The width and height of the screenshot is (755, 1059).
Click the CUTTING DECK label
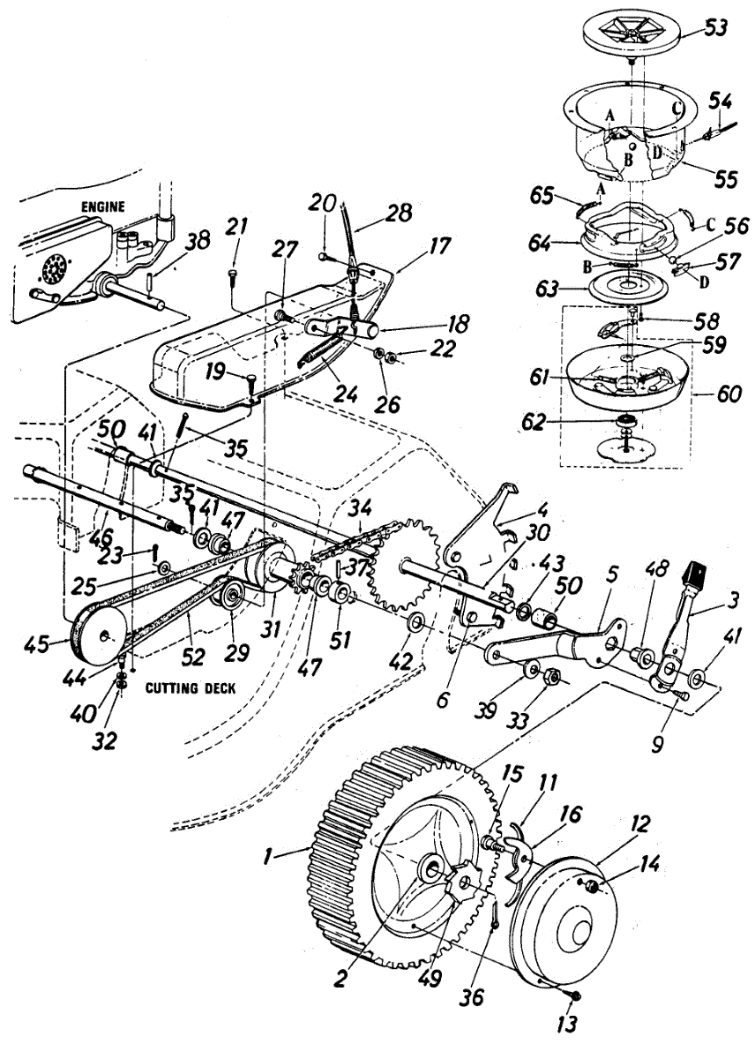(190, 687)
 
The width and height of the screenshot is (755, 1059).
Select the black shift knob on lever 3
(696, 575)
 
